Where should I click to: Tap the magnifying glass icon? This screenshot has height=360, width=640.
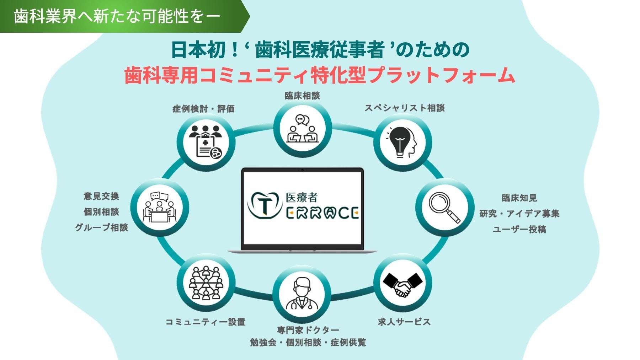444,208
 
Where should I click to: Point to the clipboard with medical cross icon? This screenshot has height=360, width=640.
206,143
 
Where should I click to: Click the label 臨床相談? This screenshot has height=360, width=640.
302,96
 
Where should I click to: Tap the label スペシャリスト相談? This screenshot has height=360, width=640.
405,108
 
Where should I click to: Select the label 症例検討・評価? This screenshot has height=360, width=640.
203,109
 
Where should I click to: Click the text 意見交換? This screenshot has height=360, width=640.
101,196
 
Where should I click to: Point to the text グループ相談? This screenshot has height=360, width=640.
101,227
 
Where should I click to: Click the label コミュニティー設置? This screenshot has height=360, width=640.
206,322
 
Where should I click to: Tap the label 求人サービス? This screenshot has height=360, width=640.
404,322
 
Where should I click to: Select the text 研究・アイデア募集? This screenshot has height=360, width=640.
519,214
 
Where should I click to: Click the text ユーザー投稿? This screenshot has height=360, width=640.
519,229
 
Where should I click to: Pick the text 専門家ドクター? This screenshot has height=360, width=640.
308,331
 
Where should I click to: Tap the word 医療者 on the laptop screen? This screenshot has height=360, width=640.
302,198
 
